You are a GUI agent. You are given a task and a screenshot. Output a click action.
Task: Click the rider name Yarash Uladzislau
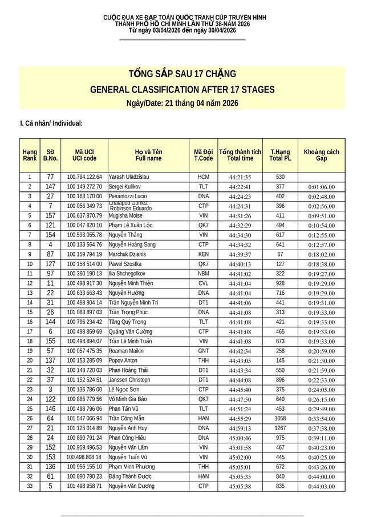(130, 177)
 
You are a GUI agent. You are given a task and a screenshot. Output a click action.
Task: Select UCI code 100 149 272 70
(84, 187)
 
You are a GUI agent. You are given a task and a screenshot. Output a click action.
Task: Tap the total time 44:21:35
(240, 177)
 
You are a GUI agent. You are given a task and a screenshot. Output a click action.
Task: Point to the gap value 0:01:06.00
(322, 187)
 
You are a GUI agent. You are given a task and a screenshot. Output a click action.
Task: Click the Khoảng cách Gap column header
(321, 155)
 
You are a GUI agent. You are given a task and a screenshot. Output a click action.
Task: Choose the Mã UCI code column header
(84, 155)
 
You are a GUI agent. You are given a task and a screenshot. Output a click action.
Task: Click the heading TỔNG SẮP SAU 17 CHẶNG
(182, 75)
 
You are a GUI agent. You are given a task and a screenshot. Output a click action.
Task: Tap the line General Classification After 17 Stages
(182, 90)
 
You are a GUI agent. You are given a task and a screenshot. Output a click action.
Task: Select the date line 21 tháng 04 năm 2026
(182, 103)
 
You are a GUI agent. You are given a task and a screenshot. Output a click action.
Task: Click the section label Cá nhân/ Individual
(51, 123)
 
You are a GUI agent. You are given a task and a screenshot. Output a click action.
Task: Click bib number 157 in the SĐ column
(50, 215)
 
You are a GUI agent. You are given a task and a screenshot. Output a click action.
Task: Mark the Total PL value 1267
(280, 428)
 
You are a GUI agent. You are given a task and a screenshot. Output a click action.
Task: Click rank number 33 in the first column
(29, 486)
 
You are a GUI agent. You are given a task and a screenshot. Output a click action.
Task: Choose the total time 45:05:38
(240, 486)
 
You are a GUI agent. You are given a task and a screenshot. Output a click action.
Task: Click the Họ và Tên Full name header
(148, 155)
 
